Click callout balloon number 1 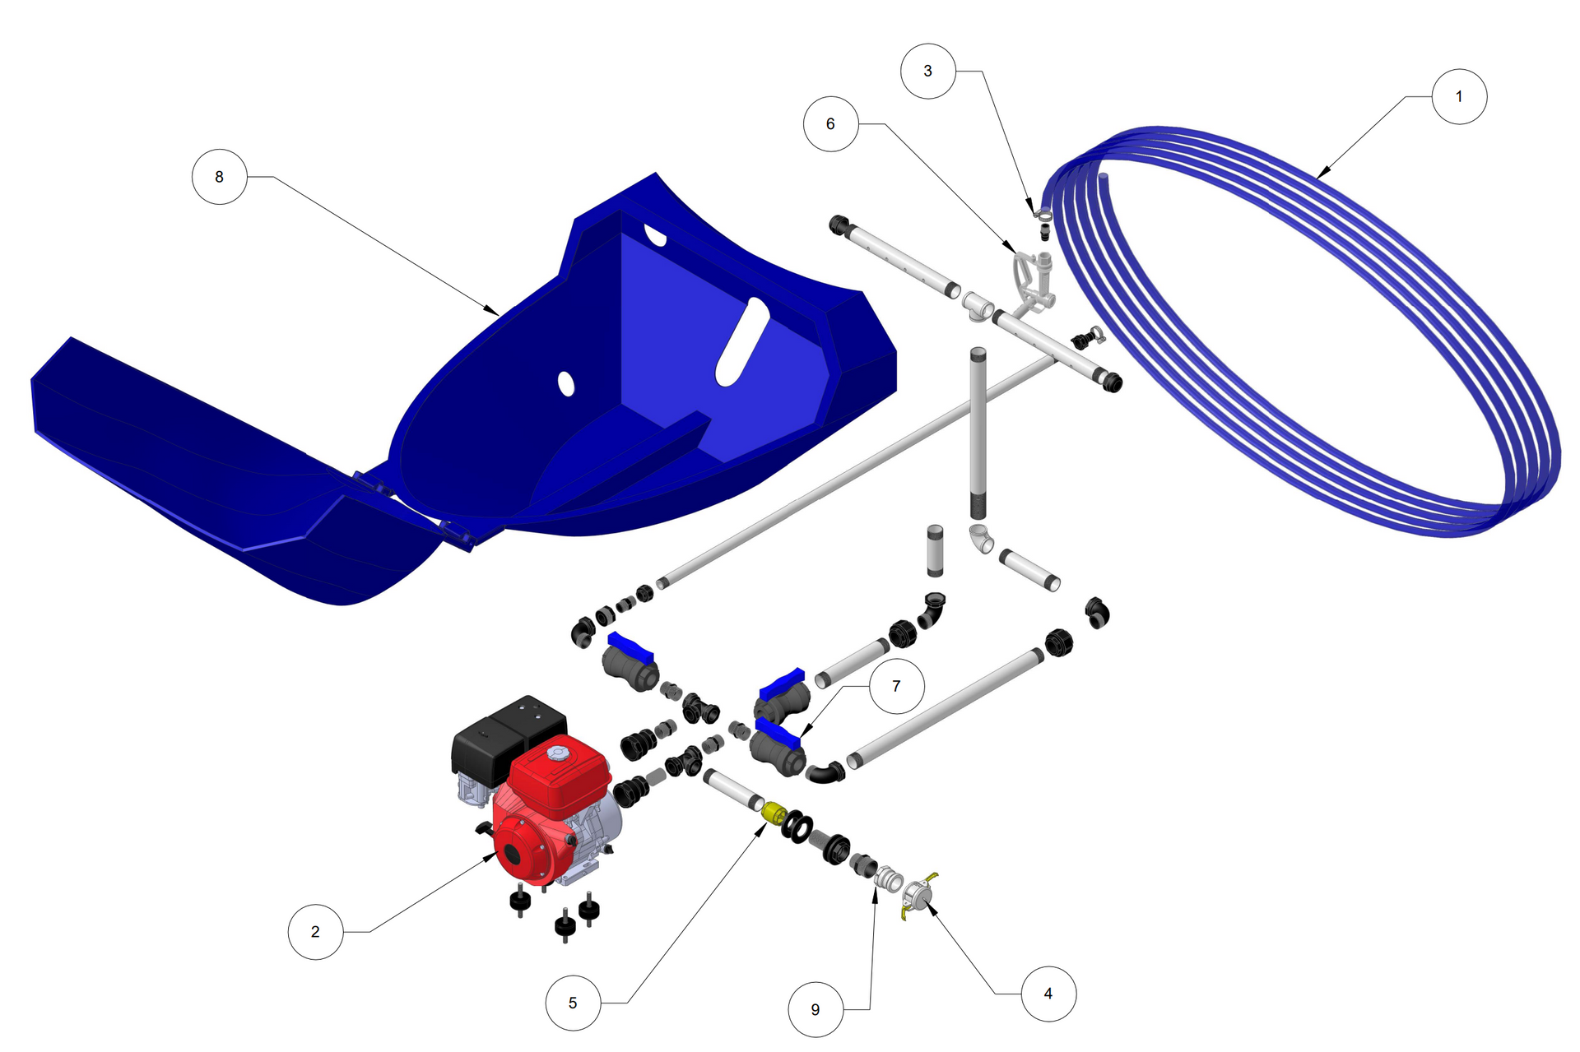tap(1459, 96)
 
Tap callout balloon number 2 tap(315, 931)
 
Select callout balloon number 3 tap(928, 71)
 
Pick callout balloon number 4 tap(1048, 994)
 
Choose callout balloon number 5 tap(573, 1003)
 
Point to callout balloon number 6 tap(831, 123)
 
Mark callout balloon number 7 tap(896, 685)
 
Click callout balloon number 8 tap(219, 176)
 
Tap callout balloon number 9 tap(816, 1009)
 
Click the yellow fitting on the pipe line tap(774, 813)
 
